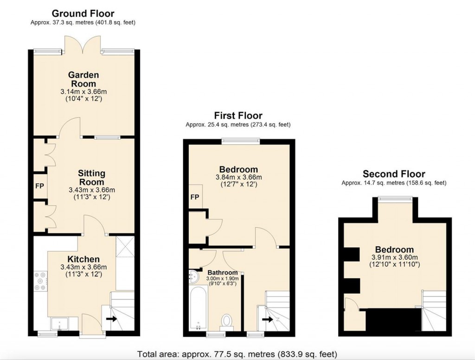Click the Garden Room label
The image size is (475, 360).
(83, 79)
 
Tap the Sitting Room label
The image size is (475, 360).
(91, 177)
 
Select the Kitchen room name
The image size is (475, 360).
(83, 259)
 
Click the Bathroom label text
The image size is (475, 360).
(222, 272)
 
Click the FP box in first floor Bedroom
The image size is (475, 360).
(195, 197)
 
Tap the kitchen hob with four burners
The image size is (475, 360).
(39, 281)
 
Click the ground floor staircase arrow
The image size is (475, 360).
(111, 319)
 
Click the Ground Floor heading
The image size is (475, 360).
(83, 13)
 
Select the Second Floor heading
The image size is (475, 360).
(393, 174)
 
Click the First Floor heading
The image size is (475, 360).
(238, 116)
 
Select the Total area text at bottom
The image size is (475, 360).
(237, 353)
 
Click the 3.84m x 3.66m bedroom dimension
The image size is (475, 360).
(238, 177)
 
